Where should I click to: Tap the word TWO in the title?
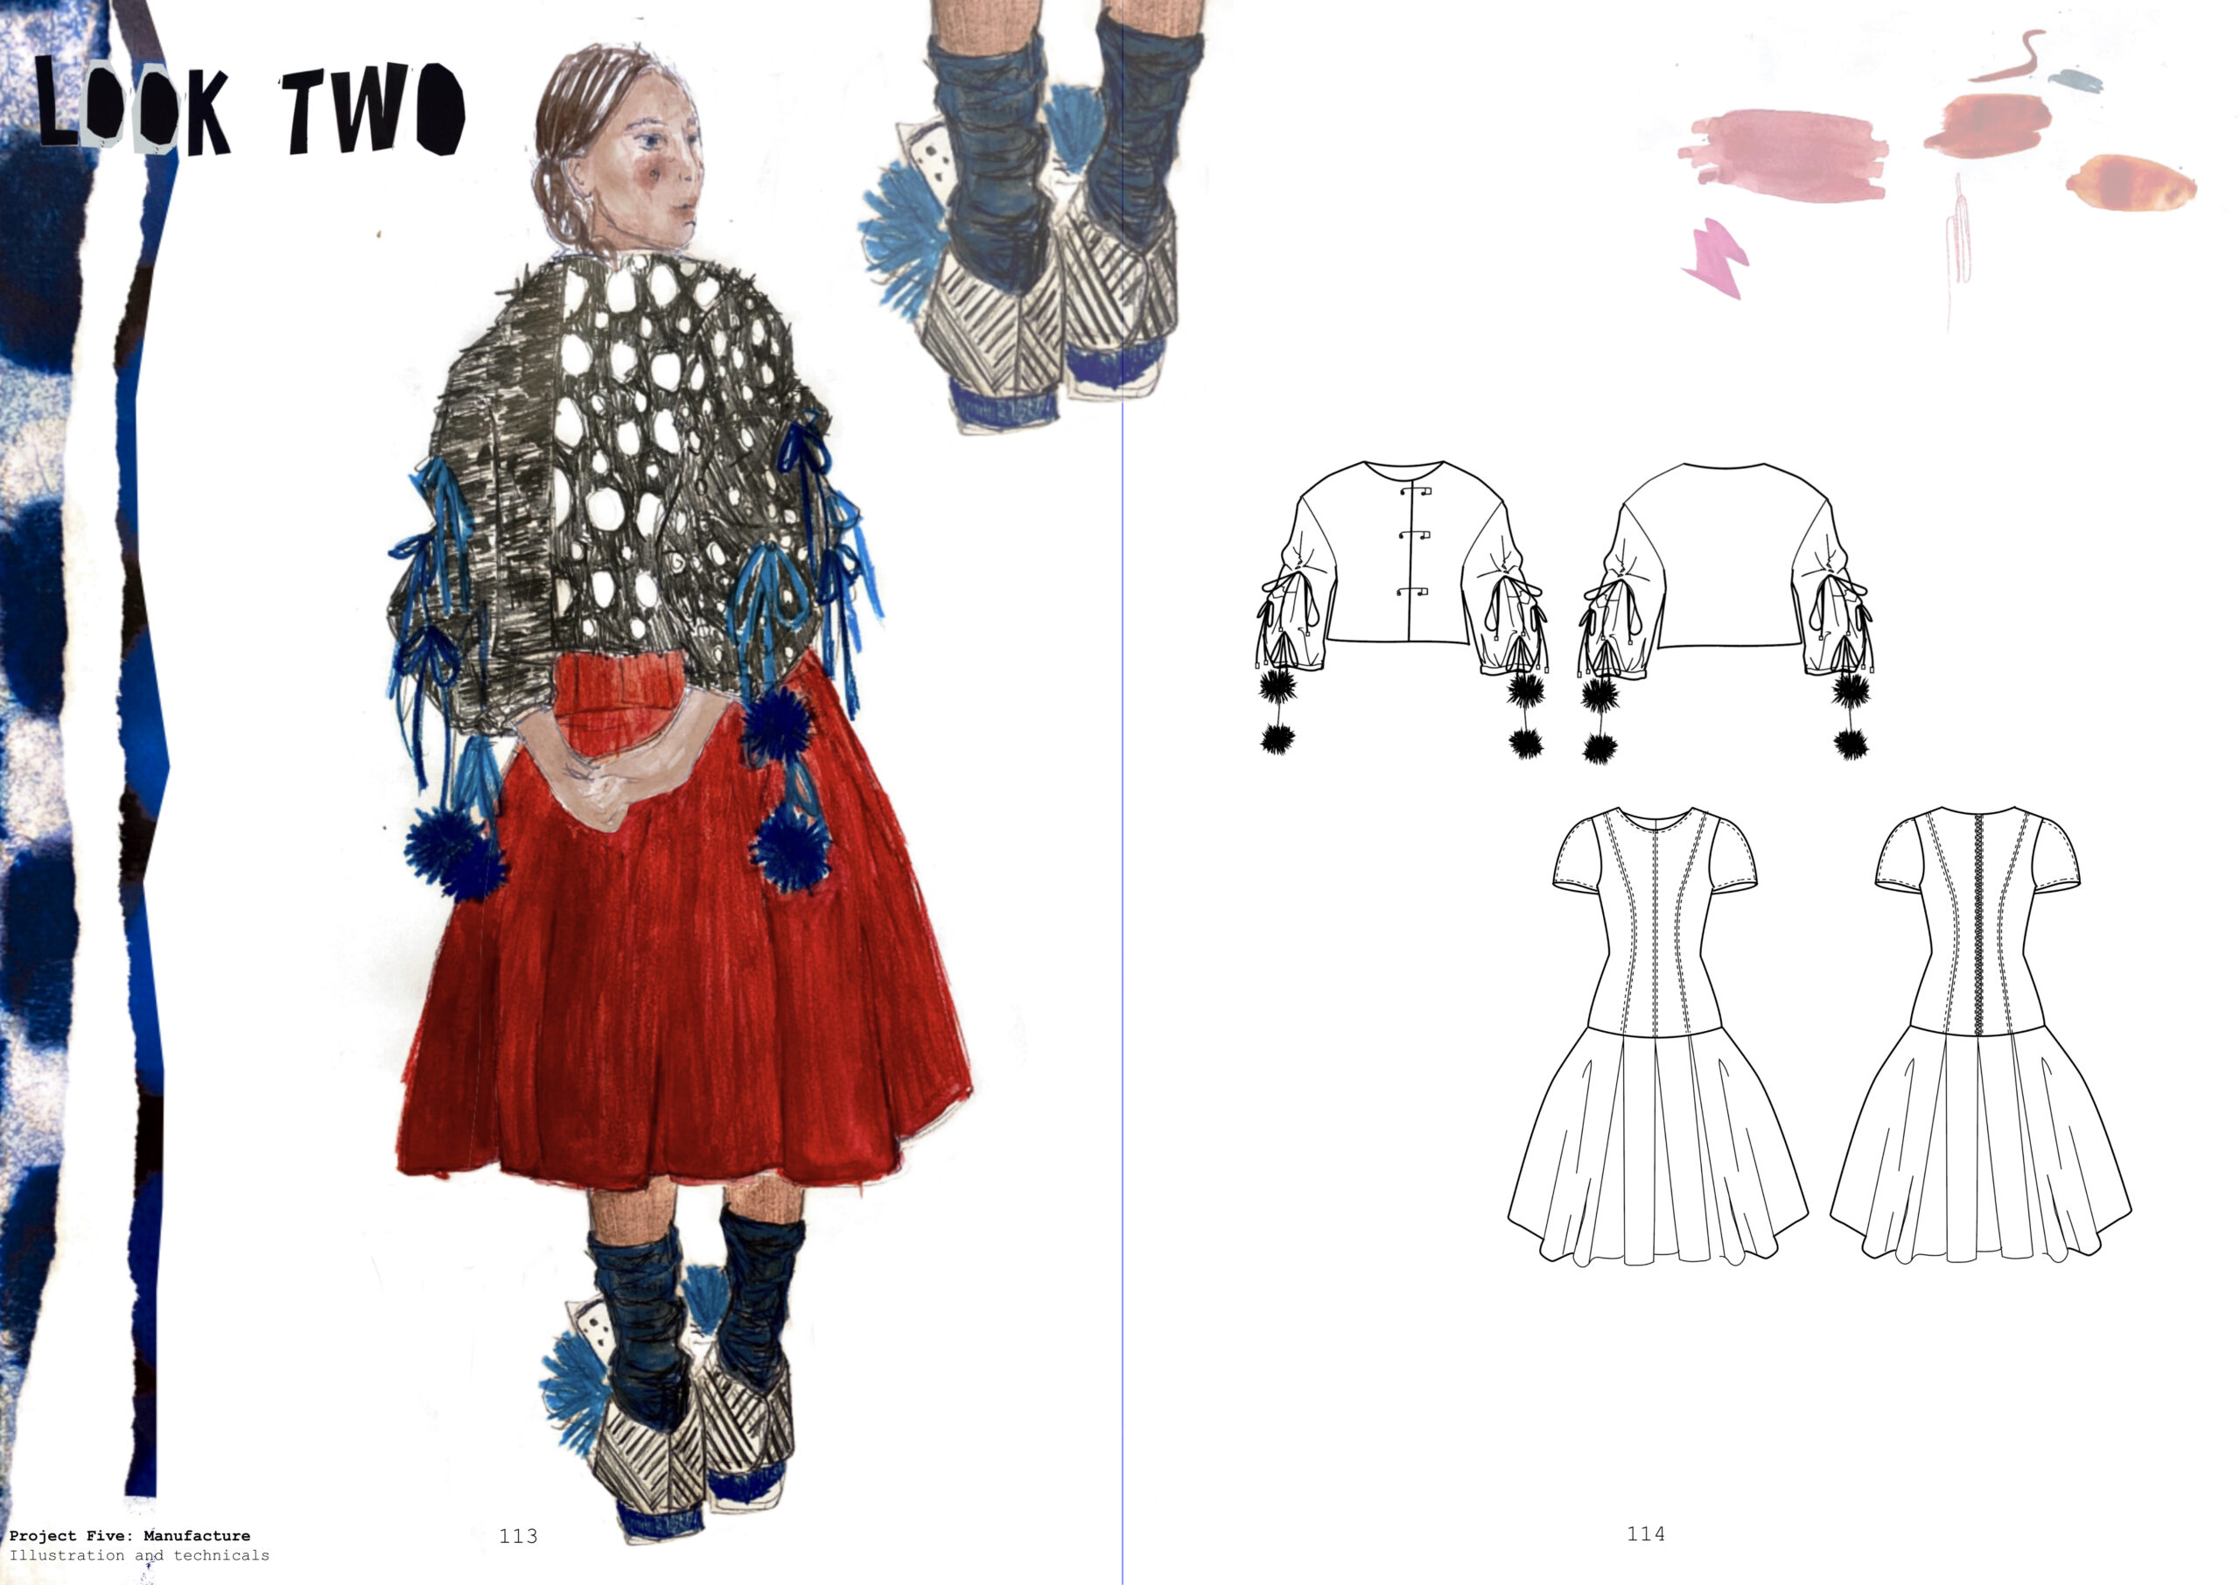(374, 109)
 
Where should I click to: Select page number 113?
(518, 1536)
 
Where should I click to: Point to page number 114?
(1646, 1534)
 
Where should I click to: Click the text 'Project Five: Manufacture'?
(129, 1536)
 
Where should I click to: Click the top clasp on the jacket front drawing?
(1416, 491)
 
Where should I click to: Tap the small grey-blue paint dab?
(2074, 80)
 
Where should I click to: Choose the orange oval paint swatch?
(2131, 183)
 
